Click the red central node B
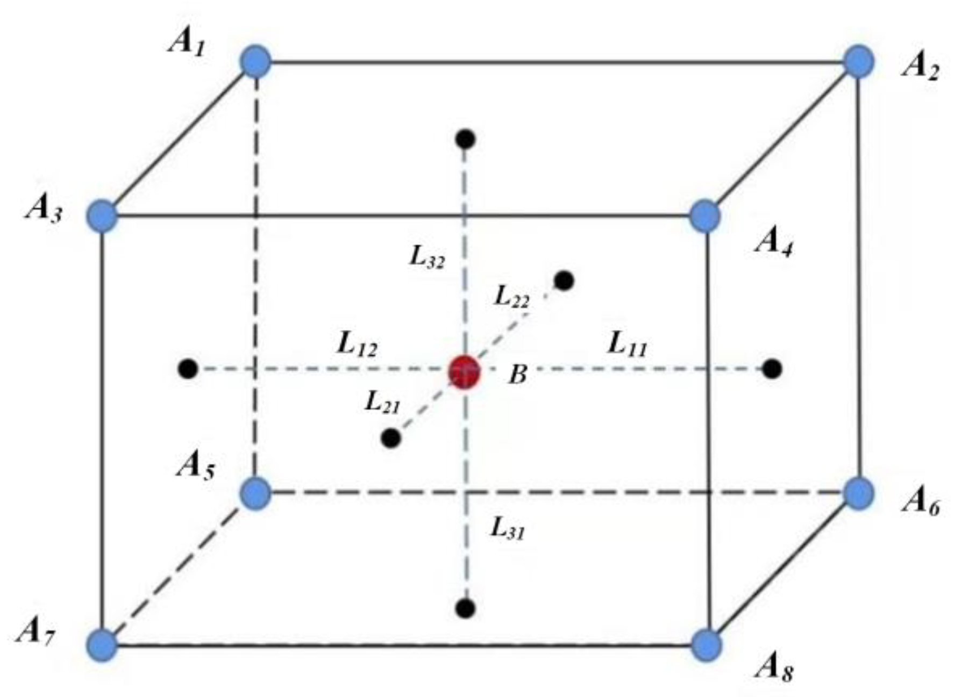pyautogui.click(x=464, y=371)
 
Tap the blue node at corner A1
pyautogui.click(x=255, y=61)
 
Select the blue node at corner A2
pyautogui.click(x=858, y=61)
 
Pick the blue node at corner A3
pyautogui.click(x=102, y=216)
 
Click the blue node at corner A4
pyautogui.click(x=704, y=216)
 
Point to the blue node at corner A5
pyautogui.click(x=255, y=493)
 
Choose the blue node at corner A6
pyautogui.click(x=858, y=493)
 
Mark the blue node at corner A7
pyautogui.click(x=102, y=644)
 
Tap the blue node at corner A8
pyautogui.click(x=706, y=644)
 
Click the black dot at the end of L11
pyautogui.click(x=772, y=369)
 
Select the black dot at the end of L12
pyautogui.click(x=188, y=369)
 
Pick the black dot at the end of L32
pyautogui.click(x=465, y=139)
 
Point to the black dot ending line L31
pyautogui.click(x=465, y=608)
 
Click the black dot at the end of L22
pyautogui.click(x=564, y=281)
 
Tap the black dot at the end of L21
pyautogui.click(x=391, y=439)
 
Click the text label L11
pyautogui.click(x=627, y=344)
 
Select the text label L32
pyautogui.click(x=428, y=257)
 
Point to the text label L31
pyautogui.click(x=507, y=529)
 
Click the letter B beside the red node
pyautogui.click(x=518, y=374)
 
